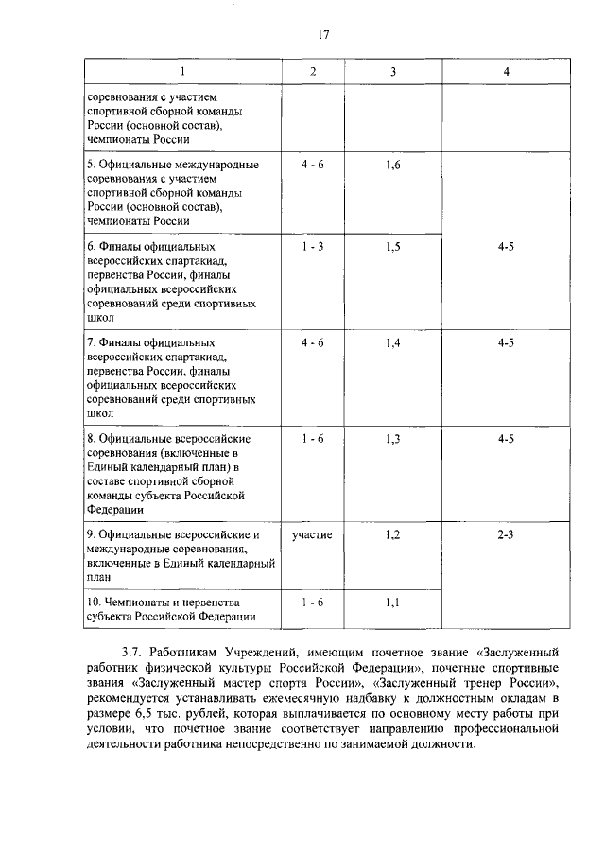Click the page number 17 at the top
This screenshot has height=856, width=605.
[x=323, y=35]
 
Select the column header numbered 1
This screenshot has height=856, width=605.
[x=183, y=73]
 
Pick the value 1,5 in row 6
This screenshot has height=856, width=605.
[x=394, y=247]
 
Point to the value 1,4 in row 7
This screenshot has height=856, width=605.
[x=394, y=343]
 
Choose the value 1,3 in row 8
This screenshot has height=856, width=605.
[x=394, y=439]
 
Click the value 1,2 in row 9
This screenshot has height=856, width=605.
[x=394, y=535]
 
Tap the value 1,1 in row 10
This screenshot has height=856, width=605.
[x=394, y=603]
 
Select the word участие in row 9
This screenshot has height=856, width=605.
[x=312, y=535]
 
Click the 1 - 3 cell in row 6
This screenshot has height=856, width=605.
[x=313, y=247]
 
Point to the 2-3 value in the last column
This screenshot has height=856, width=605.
[x=506, y=535]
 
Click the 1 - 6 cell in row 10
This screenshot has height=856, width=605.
[x=313, y=603]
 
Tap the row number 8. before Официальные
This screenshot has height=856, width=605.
[x=90, y=439]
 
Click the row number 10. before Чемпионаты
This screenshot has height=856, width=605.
[x=93, y=603]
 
